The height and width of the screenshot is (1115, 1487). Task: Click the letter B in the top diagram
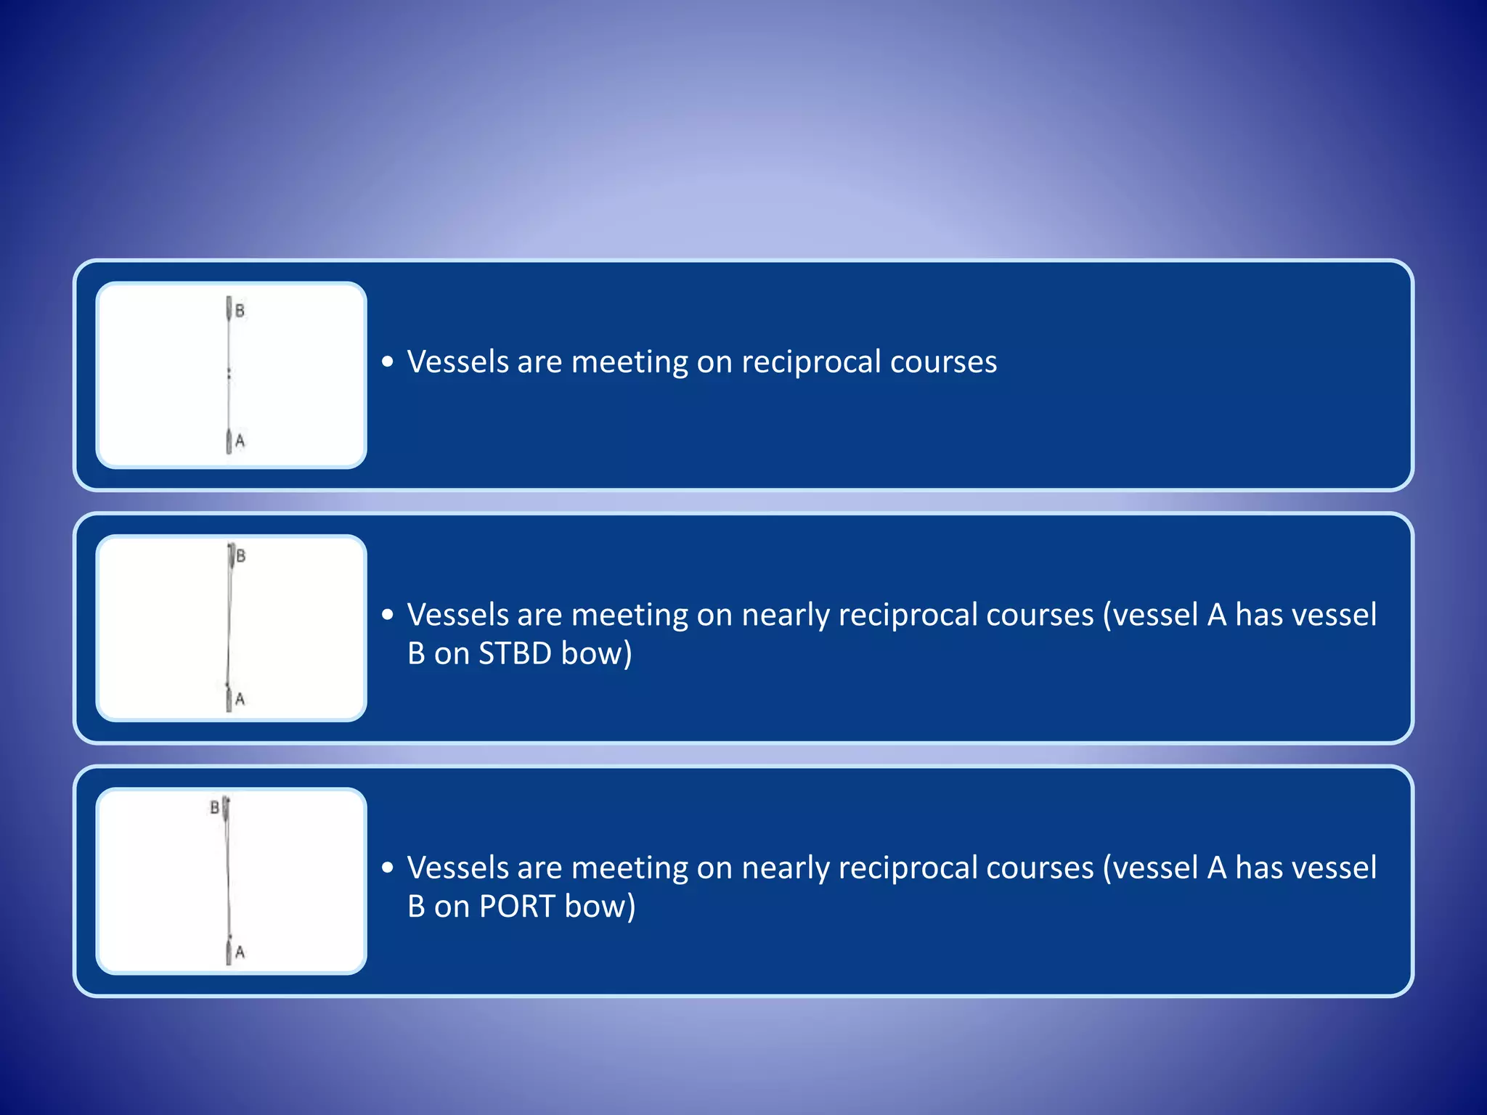pyautogui.click(x=240, y=311)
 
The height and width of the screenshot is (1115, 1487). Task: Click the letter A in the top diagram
pyautogui.click(x=240, y=441)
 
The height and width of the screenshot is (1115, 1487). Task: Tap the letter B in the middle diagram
pyautogui.click(x=241, y=556)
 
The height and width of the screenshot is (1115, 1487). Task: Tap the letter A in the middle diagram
pyautogui.click(x=240, y=699)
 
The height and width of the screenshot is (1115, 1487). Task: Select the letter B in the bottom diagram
pyautogui.click(x=214, y=807)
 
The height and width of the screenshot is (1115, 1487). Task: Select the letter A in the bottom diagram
pyautogui.click(x=240, y=952)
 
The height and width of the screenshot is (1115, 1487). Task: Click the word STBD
pyautogui.click(x=516, y=653)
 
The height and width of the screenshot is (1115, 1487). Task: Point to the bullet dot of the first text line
pyautogui.click(x=388, y=362)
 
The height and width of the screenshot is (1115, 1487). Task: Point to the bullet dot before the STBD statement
pyautogui.click(x=388, y=615)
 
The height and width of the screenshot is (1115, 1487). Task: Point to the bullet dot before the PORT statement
pyautogui.click(x=388, y=867)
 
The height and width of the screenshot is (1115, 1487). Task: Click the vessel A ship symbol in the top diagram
pyautogui.click(x=229, y=441)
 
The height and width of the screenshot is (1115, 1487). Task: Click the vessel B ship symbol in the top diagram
pyautogui.click(x=229, y=309)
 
